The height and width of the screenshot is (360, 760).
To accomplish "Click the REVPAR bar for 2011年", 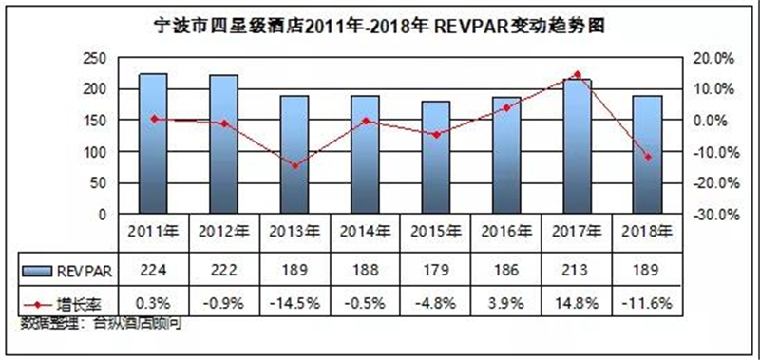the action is [153, 143].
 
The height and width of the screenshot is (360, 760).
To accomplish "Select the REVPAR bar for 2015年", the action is [436, 158].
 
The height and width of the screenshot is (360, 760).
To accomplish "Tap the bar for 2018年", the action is [648, 155].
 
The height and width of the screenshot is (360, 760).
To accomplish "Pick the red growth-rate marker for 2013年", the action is [294, 166].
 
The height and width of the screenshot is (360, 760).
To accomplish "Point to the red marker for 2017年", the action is [577, 75].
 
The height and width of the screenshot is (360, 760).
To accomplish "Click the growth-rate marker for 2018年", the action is [648, 157].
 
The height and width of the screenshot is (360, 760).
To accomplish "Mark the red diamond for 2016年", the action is [506, 108].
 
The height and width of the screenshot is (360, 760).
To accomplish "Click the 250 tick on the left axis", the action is [94, 59].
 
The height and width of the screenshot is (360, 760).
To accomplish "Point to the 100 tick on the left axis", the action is [94, 152].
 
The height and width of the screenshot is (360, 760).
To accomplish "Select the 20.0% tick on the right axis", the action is [713, 59].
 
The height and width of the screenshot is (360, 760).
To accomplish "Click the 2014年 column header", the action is [366, 233].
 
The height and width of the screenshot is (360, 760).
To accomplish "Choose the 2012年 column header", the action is [224, 233].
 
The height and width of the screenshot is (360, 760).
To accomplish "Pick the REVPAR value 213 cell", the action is [577, 271].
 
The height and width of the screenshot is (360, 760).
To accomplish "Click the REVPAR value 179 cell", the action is [436, 271].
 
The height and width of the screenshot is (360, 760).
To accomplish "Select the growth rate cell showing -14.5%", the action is [294, 304].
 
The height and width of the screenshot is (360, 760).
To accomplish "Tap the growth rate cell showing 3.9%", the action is [506, 304].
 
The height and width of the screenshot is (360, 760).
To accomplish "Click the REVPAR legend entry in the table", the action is [66, 271].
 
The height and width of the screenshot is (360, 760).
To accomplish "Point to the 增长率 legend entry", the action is [66, 304].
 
